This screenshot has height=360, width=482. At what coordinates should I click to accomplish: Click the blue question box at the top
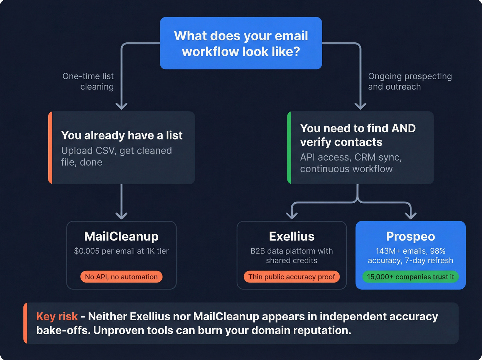[241, 43]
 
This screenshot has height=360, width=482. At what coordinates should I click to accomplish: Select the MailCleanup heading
[121, 236]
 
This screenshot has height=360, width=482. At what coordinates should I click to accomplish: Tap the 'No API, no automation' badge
[121, 277]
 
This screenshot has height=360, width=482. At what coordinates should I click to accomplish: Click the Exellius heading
[292, 236]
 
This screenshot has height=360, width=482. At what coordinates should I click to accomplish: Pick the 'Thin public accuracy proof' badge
[292, 277]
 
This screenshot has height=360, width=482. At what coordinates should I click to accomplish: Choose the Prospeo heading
[410, 236]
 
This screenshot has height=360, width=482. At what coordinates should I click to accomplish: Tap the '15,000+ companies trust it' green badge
[410, 277]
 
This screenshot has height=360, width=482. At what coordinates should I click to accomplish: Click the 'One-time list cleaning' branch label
[88, 81]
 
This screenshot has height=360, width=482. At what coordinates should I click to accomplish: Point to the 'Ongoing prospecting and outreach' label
[410, 81]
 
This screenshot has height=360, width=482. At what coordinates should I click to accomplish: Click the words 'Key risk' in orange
[57, 316]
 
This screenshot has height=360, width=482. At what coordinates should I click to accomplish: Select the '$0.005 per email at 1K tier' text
[121, 251]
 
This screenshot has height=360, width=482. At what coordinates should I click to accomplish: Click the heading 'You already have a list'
[122, 135]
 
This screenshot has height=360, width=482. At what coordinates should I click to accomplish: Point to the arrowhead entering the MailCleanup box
[122, 216]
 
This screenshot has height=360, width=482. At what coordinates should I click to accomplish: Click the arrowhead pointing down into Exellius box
[292, 216]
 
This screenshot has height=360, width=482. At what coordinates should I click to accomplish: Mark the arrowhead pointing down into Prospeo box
[411, 216]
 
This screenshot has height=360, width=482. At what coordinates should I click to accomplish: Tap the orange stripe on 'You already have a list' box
[50, 147]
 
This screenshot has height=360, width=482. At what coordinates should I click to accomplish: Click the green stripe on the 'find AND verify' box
[289, 147]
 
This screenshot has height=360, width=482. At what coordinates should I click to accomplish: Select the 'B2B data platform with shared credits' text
[292, 256]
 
